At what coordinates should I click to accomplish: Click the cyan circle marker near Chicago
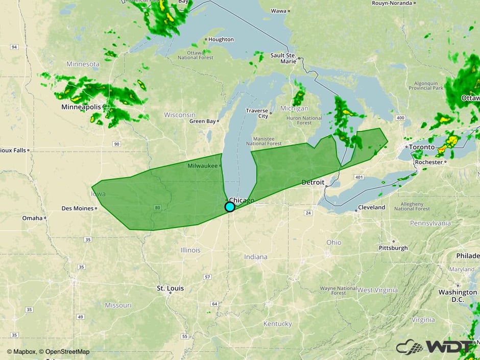[230, 207]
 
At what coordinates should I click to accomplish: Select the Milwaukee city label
[203, 166]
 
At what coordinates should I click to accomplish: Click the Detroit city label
[313, 182]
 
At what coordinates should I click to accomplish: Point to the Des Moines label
[77, 208]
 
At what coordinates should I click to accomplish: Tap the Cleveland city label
[371, 208]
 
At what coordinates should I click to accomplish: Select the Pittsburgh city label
[393, 248]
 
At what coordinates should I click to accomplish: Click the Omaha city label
[32, 218]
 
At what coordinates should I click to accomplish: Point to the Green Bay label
[202, 122]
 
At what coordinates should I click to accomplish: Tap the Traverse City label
[257, 113]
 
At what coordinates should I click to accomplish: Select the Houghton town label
[221, 39]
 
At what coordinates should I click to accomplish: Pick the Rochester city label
[429, 162]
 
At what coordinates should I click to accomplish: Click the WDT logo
[434, 347]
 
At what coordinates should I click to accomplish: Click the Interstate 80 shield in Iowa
[157, 208]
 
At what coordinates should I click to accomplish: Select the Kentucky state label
[277, 324]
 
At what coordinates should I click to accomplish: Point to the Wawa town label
[278, 11]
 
